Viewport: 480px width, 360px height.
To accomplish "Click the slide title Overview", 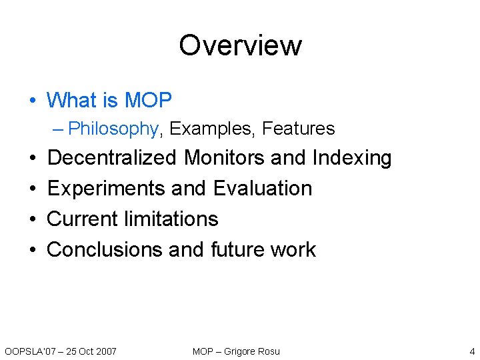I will (240, 45).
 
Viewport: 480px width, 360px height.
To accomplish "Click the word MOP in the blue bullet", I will (148, 101).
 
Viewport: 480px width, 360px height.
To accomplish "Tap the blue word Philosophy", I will (113, 129).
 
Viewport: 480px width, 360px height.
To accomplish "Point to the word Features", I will (298, 129).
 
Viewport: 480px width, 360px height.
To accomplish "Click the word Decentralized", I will (112, 158).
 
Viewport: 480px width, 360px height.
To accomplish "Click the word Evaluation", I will (263, 189).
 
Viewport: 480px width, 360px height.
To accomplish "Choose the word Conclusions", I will (105, 249).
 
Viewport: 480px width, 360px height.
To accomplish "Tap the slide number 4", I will (472, 351).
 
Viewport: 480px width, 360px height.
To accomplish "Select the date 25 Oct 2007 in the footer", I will (91, 351).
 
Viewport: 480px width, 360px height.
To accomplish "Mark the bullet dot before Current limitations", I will (33, 219).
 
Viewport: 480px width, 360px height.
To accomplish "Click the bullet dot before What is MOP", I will (33, 101).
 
